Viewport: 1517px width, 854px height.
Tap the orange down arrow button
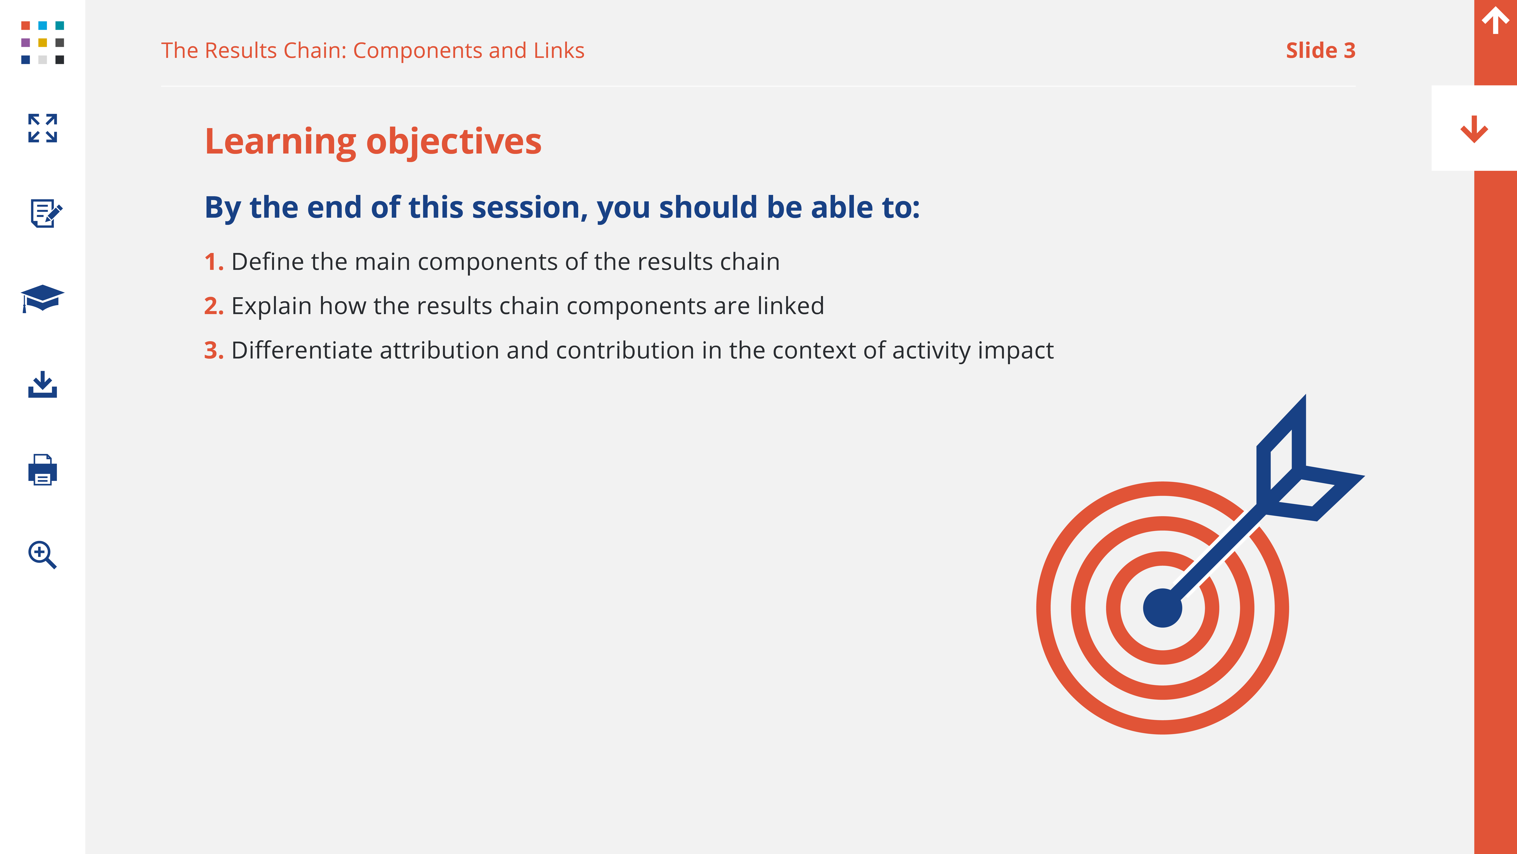(1474, 129)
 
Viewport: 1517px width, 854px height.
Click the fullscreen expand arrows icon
(42, 128)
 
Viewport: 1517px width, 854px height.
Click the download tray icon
(42, 384)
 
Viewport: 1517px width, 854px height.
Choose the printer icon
(42, 470)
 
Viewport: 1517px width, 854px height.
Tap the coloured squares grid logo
(42, 43)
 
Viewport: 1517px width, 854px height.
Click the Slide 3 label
(1320, 51)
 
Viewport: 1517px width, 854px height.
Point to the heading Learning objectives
(373, 142)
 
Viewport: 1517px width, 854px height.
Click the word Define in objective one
(267, 262)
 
